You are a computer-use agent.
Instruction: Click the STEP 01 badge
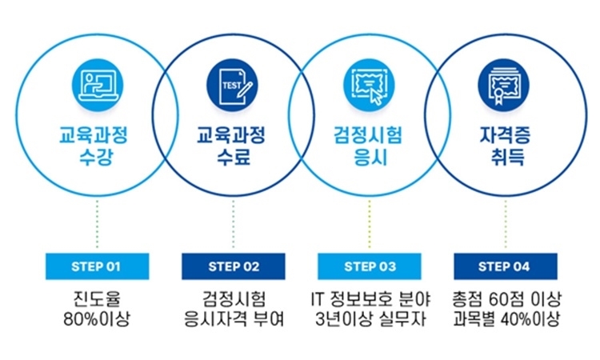tap(97, 266)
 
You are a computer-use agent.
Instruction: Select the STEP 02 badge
tap(234, 266)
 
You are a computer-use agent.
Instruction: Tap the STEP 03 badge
tap(370, 266)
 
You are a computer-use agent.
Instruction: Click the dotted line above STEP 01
tap(97, 224)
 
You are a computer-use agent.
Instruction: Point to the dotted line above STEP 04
tap(505, 224)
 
